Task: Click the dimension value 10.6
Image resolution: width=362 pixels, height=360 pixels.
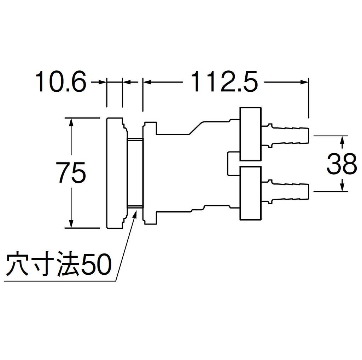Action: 61,82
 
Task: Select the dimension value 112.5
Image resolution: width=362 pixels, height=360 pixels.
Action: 223,82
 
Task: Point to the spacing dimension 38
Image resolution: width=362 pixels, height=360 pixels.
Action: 341,164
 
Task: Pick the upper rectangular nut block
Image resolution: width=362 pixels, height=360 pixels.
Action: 251,134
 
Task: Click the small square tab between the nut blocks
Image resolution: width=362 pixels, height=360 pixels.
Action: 233,164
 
